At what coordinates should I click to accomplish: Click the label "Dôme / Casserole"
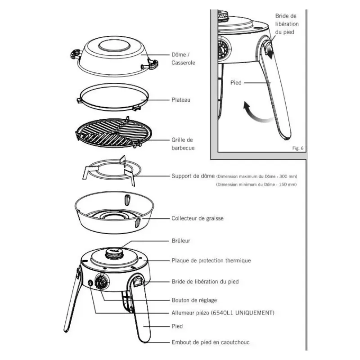coord(183,58)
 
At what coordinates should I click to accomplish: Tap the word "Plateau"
coord(181,100)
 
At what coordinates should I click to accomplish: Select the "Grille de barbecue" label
coord(183,144)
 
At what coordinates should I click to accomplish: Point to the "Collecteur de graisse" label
coord(198,218)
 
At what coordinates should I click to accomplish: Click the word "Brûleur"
coord(181,241)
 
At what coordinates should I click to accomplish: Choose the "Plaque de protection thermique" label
coord(211,261)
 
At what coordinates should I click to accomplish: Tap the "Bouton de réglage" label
coord(194,300)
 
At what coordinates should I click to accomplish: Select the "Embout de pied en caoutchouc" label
coord(211,342)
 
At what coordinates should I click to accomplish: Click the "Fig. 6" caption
coord(298,148)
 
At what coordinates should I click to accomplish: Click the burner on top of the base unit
coord(115,253)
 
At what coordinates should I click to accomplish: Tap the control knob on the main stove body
coord(101,282)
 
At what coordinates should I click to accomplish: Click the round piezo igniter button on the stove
coord(90,283)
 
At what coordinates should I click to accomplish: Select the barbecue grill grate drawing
coord(114,133)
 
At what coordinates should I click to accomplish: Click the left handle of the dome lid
coord(76,54)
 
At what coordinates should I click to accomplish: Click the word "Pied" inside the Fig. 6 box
coord(236,83)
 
